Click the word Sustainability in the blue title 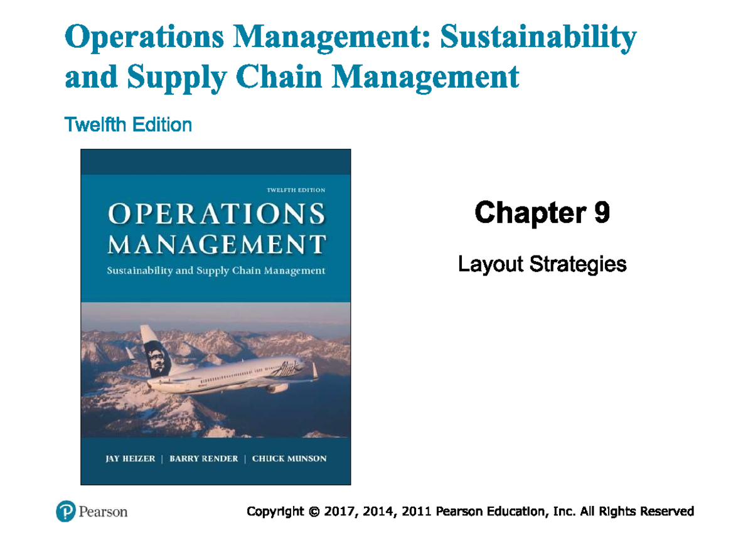pyautogui.click(x=538, y=38)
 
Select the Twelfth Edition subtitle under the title pyautogui.click(x=128, y=125)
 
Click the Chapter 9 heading pyautogui.click(x=542, y=213)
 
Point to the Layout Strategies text pyautogui.click(x=542, y=264)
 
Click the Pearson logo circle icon pyautogui.click(x=65, y=512)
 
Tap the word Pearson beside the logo pyautogui.click(x=103, y=512)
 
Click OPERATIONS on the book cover pyautogui.click(x=216, y=215)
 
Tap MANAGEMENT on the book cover pyautogui.click(x=216, y=244)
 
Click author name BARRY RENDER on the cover pyautogui.click(x=204, y=458)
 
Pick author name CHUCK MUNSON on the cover pyautogui.click(x=289, y=458)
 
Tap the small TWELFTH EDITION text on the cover pyautogui.click(x=296, y=190)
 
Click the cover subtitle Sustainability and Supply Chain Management pyautogui.click(x=216, y=271)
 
